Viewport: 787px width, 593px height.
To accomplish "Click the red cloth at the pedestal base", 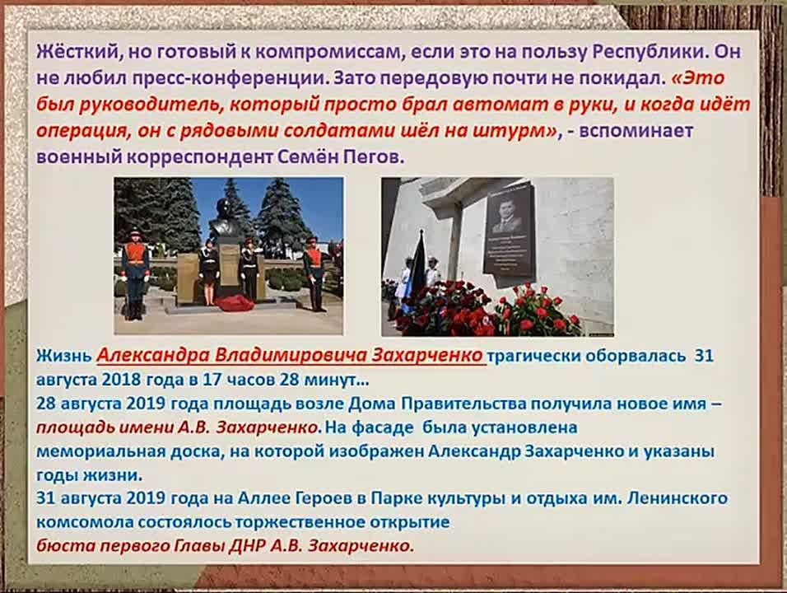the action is click(234, 303).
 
